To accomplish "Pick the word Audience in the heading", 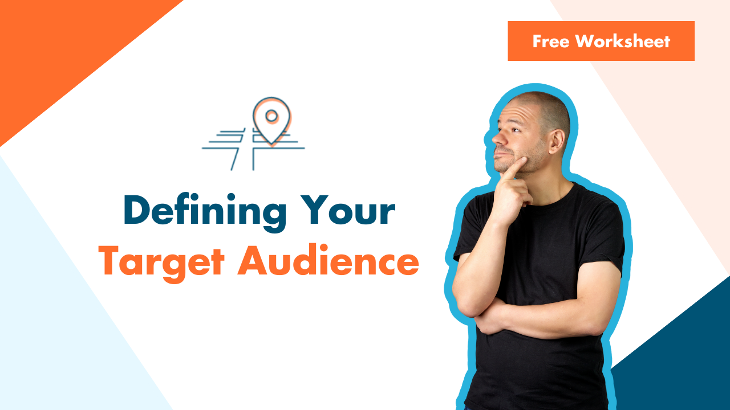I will (328, 263).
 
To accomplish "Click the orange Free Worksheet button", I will (601, 41).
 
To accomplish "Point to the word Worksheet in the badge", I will (623, 41).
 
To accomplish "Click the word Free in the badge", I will (550, 41).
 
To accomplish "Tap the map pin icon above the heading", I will (271, 120).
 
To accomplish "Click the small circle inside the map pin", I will (271, 116).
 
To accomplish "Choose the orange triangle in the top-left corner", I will (57, 46).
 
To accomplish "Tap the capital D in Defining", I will (137, 211).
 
